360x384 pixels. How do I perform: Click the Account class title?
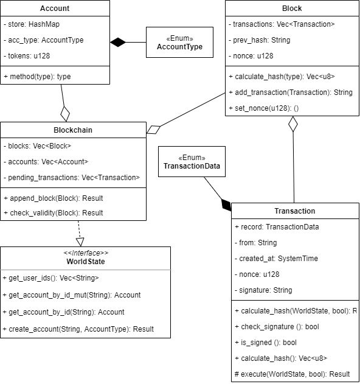pos(55,9)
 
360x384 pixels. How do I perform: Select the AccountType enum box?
pos(179,43)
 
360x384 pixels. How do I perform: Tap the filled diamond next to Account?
pos(118,42)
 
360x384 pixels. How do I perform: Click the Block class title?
pos(292,9)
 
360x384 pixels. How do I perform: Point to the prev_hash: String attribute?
pos(260,40)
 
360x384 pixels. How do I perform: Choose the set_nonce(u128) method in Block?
pos(264,108)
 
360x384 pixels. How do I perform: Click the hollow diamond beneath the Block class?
pos(293,124)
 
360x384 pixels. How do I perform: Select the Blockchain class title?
pos(73,130)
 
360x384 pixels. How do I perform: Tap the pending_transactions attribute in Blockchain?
pos(72,178)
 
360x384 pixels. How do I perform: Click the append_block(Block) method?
pos(54,198)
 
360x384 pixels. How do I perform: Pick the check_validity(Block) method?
pos(54,213)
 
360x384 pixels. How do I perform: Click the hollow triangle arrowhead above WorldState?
pos(80,242)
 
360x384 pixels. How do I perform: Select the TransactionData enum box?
pos(192,162)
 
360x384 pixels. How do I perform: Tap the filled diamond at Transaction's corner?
pos(226,205)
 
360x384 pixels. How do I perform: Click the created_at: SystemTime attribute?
pos(276,259)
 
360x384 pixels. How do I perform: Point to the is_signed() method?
pos(266,343)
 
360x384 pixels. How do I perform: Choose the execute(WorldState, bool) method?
pos(292,374)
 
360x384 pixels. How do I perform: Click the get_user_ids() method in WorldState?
pos(50,278)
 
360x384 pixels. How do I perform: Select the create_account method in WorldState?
pos(78,329)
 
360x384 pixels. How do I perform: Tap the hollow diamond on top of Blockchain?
pos(65,114)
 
